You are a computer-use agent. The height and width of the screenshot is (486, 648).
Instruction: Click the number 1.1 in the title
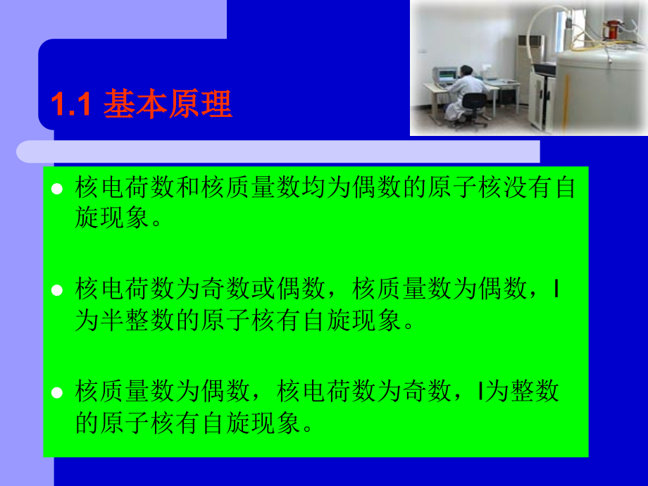point(71,106)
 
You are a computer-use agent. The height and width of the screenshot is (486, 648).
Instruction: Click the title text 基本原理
point(168,106)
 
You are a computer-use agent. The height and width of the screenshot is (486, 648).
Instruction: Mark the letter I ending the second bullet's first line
point(557,289)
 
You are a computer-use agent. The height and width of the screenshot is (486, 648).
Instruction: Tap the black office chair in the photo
point(471,113)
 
